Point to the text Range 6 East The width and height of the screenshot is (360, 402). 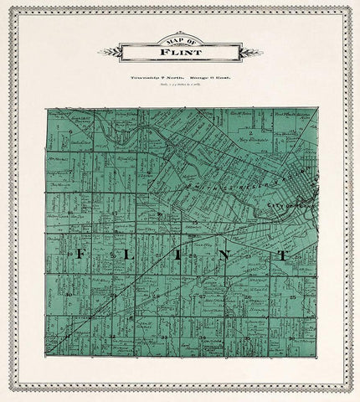[208, 75]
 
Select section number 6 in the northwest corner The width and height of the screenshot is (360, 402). [73, 131]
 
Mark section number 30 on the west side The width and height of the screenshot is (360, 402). [70, 296]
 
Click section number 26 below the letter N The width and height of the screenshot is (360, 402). [249, 296]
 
